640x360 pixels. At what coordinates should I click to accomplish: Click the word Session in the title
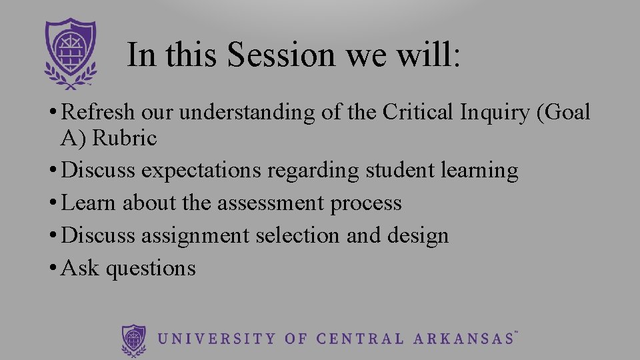[281, 55]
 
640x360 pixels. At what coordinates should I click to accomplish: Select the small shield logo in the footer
[134, 339]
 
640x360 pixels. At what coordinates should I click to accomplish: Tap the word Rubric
[125, 139]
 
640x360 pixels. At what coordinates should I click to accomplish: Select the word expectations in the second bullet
[201, 171]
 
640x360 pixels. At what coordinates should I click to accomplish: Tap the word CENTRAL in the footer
[359, 339]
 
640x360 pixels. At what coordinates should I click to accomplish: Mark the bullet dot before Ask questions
[52, 269]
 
